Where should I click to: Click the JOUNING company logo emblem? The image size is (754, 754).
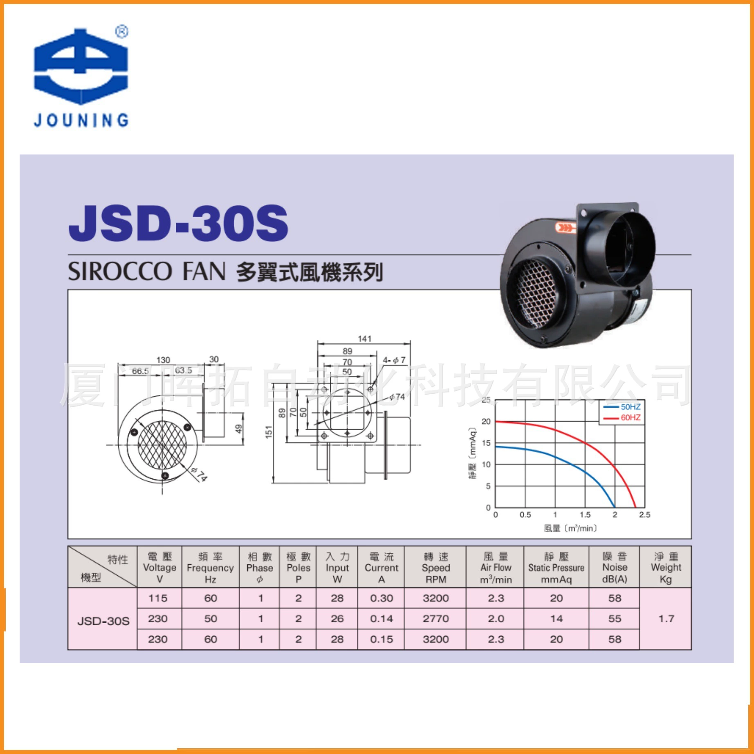coord(81,65)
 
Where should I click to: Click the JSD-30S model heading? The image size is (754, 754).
coord(178,223)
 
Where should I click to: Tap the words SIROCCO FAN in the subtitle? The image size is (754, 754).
coord(146,272)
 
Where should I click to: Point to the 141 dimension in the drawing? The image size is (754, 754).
coord(364,339)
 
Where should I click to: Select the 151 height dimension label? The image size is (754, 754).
coord(269,432)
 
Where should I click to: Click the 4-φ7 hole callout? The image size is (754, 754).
coord(394,360)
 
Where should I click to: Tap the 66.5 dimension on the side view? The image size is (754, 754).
coord(140,371)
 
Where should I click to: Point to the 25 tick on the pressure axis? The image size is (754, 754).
coord(486,400)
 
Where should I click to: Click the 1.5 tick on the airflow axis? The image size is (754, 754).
coord(585,515)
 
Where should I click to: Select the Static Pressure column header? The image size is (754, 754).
coord(556,568)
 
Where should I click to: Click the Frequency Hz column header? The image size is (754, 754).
coord(210,568)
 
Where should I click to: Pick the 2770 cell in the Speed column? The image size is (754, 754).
coord(435,619)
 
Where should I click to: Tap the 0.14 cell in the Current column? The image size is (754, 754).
coord(381,619)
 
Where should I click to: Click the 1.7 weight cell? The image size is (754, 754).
coord(666,619)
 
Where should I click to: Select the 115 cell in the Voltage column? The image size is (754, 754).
coord(158,598)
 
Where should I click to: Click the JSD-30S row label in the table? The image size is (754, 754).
coord(103,621)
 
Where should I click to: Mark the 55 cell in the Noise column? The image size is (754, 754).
coord(615,619)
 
